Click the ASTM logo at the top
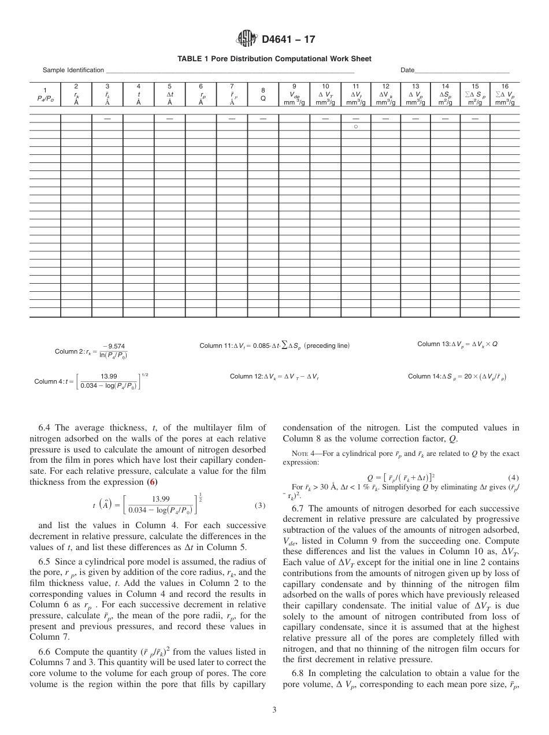point(247,39)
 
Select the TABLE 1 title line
point(274,58)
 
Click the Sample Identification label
point(73,70)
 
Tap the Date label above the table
point(407,70)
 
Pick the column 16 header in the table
point(505,94)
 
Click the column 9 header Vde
point(294,94)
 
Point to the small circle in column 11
point(356,125)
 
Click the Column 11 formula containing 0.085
point(274,346)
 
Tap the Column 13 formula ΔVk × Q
point(457,344)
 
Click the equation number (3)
point(259,504)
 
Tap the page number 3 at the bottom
point(274,710)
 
